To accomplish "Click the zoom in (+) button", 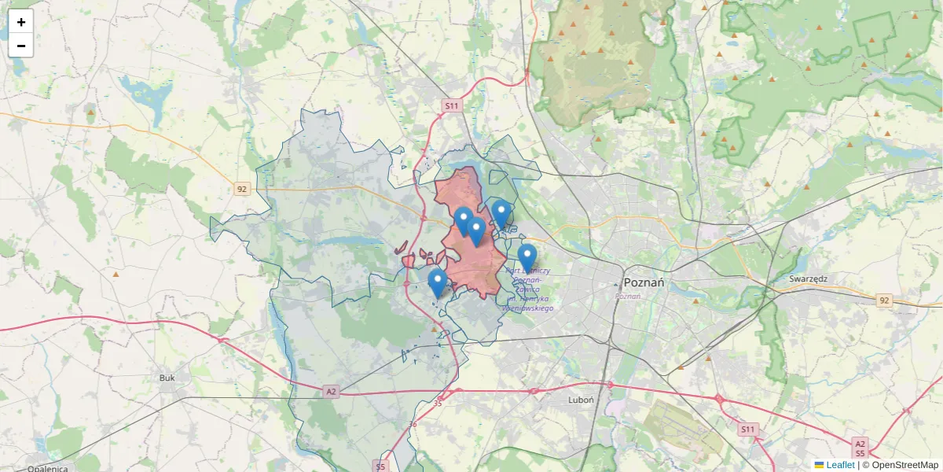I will click(x=21, y=22).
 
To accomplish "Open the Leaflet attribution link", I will click(x=839, y=465).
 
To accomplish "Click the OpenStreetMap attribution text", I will click(x=900, y=465).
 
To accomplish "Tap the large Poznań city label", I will click(x=644, y=282).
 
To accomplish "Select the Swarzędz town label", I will click(x=811, y=278).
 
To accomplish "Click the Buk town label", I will click(x=167, y=378).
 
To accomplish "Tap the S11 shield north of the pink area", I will click(x=450, y=105).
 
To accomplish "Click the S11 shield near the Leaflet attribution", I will click(x=747, y=429).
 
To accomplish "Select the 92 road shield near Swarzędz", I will click(x=885, y=301).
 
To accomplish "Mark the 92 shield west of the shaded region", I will click(x=242, y=189).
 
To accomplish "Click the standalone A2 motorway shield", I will click(x=331, y=392).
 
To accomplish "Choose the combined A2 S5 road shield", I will click(x=860, y=448).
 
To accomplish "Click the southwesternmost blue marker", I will click(x=438, y=284).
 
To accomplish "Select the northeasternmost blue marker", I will click(x=501, y=214).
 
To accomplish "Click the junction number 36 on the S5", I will click(x=413, y=425).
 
